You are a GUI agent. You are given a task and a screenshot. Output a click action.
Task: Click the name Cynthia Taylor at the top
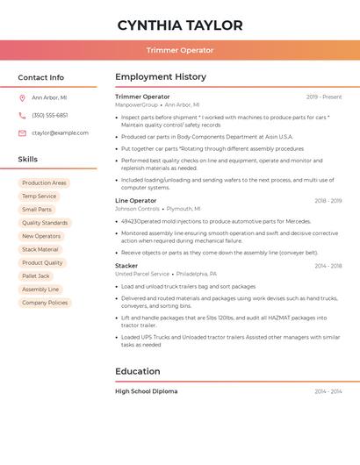pos(180,25)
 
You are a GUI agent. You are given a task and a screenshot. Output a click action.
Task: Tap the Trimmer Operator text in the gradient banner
pos(180,50)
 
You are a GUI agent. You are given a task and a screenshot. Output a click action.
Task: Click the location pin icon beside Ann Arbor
pos(22,98)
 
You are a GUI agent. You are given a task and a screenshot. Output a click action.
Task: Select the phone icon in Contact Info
pos(22,116)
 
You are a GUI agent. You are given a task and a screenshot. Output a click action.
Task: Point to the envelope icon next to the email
pos(22,133)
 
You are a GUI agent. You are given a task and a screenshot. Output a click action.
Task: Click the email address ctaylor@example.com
pos(60,133)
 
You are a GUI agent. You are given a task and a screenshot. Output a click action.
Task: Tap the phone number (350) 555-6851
pos(50,116)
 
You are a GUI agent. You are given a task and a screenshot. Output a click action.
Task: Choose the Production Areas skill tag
pos(44,183)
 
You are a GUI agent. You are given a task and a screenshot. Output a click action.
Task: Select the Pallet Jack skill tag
pos(36,276)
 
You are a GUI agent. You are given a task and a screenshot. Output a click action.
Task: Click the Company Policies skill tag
pos(45,303)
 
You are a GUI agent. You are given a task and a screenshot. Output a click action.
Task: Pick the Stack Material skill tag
pos(40,250)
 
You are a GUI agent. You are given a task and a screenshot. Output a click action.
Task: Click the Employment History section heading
pos(161,77)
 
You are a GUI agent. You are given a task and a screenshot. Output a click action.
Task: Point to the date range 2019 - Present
pos(324,97)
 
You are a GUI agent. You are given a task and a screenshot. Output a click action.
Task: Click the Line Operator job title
pos(135,201)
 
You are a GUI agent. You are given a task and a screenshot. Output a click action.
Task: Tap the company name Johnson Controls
pos(137,210)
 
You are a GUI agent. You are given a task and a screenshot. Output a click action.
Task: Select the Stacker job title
pos(126,266)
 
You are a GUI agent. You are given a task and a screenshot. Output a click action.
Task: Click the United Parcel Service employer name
pos(142,274)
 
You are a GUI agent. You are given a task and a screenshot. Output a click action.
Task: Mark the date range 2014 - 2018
pos(328,266)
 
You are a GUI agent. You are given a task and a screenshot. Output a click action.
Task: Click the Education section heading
pos(138,372)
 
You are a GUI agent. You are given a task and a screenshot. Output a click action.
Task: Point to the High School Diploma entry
pos(146,391)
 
